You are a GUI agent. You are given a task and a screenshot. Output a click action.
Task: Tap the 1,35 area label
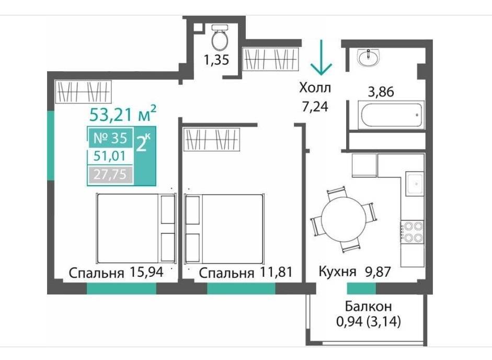click(x=216, y=60)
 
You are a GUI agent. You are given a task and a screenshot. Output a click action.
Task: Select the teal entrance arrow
click(x=321, y=58)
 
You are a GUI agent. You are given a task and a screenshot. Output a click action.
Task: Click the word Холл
click(x=315, y=87)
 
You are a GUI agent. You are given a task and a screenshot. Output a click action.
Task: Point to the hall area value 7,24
click(x=315, y=107)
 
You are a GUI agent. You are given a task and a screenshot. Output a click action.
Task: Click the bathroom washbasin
click(x=369, y=58)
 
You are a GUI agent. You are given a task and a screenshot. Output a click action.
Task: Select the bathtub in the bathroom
click(x=391, y=115)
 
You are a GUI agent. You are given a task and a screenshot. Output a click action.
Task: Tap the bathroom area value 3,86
click(x=381, y=92)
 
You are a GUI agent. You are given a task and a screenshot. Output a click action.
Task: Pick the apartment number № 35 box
click(x=110, y=138)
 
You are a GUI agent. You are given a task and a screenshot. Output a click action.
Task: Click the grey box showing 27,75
click(x=110, y=174)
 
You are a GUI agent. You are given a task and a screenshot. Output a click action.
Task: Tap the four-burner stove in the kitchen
click(x=412, y=232)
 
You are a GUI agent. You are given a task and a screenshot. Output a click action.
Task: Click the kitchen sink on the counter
click(x=415, y=183)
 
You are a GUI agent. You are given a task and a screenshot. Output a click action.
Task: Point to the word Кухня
click(x=337, y=271)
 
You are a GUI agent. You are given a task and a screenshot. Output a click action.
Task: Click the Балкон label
click(x=369, y=306)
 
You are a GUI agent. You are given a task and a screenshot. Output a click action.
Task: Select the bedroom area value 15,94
click(x=146, y=272)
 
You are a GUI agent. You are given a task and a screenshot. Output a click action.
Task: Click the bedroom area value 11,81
click(x=276, y=272)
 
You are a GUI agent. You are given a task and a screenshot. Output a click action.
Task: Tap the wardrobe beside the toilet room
click(x=270, y=59)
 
